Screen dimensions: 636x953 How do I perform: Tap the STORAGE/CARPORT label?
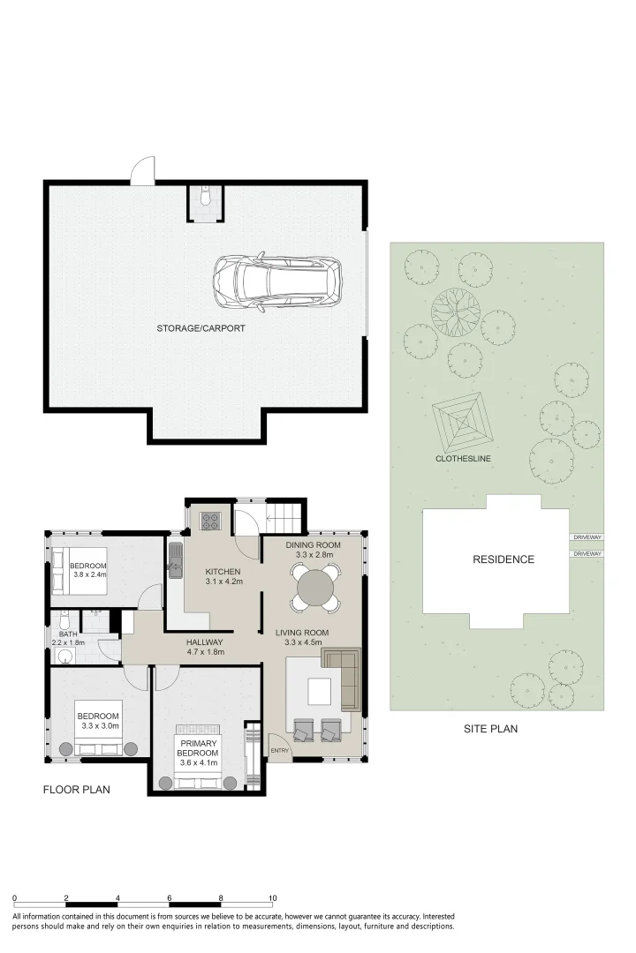click(x=201, y=328)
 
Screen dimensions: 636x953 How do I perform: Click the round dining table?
click(x=314, y=587)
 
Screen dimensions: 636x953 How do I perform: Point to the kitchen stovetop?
click(x=211, y=522)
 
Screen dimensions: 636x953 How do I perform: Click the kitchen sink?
click(x=175, y=559)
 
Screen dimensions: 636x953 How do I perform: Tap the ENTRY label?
click(x=280, y=751)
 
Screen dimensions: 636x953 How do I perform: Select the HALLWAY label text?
click(x=205, y=642)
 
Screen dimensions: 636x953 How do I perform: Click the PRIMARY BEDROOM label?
click(x=198, y=748)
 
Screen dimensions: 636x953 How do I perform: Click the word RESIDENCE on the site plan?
click(x=503, y=559)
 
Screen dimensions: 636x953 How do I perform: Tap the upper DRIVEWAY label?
click(x=587, y=537)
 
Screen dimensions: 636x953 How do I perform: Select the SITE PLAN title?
click(x=490, y=729)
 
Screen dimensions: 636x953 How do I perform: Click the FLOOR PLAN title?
click(x=77, y=790)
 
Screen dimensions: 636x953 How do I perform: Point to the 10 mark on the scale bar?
click(x=273, y=898)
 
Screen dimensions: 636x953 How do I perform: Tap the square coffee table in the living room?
click(x=320, y=690)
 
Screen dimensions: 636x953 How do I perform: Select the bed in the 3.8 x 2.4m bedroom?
click(x=79, y=571)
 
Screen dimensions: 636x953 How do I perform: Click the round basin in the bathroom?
click(x=64, y=655)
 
